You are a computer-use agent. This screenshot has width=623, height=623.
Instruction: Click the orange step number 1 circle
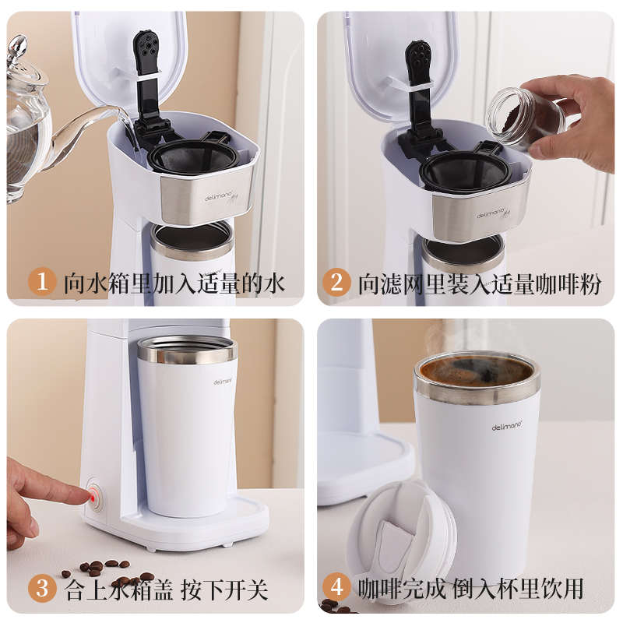coord(42,282)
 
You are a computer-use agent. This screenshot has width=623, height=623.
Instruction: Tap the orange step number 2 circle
coord(336,283)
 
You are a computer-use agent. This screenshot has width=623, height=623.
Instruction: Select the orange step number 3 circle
coord(42,588)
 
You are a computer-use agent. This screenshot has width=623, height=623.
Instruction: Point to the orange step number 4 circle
coord(336,587)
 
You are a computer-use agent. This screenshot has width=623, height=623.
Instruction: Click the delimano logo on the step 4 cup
coord(507,425)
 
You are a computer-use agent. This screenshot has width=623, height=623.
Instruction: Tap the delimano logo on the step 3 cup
coord(223,382)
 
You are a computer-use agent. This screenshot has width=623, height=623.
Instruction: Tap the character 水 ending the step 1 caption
coord(274,283)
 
